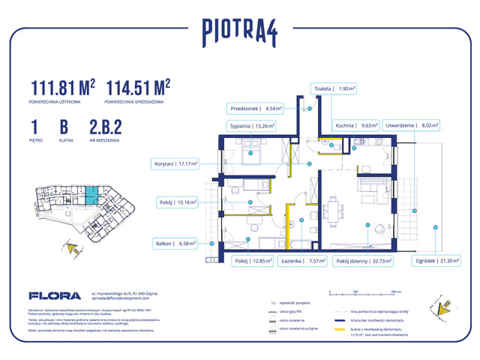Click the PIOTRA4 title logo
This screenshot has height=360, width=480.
coord(239,31)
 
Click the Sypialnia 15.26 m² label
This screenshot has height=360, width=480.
coord(250,127)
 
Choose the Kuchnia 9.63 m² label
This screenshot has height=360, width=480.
coord(355,126)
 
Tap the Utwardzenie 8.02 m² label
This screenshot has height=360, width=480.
coord(409,126)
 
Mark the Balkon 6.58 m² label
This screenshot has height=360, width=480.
coord(177,243)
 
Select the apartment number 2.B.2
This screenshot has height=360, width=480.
coord(105,125)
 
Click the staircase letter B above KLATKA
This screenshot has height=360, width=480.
coord(64,125)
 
